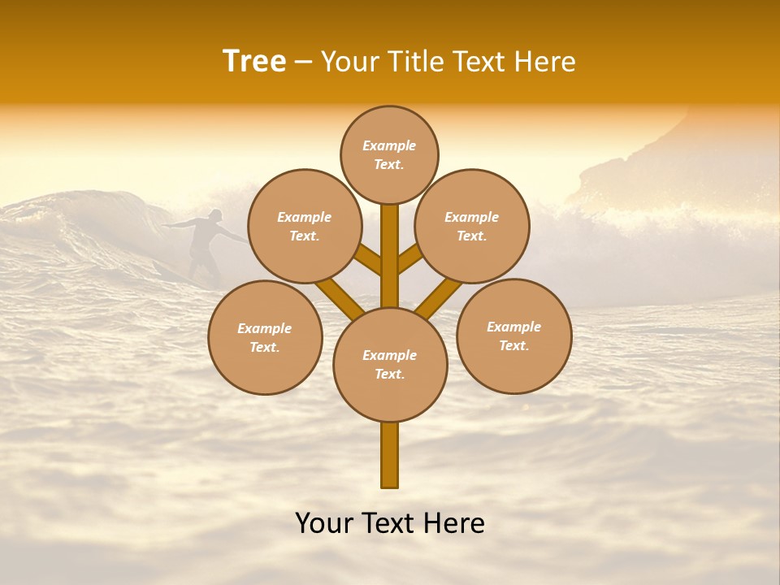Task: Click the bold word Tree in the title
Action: pos(254,62)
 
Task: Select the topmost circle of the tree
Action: pos(389,154)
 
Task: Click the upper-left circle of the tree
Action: pos(304,226)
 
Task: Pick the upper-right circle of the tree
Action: pos(472,226)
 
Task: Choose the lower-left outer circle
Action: pos(265,337)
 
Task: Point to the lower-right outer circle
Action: pos(514,336)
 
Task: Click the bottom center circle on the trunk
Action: pos(390,365)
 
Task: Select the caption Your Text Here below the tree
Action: pos(390,523)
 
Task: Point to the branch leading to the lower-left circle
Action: pos(338,297)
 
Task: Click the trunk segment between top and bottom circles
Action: pos(390,256)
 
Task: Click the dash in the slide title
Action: pos(303,63)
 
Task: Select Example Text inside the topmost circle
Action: pos(389,154)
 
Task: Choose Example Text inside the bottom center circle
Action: pos(390,365)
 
